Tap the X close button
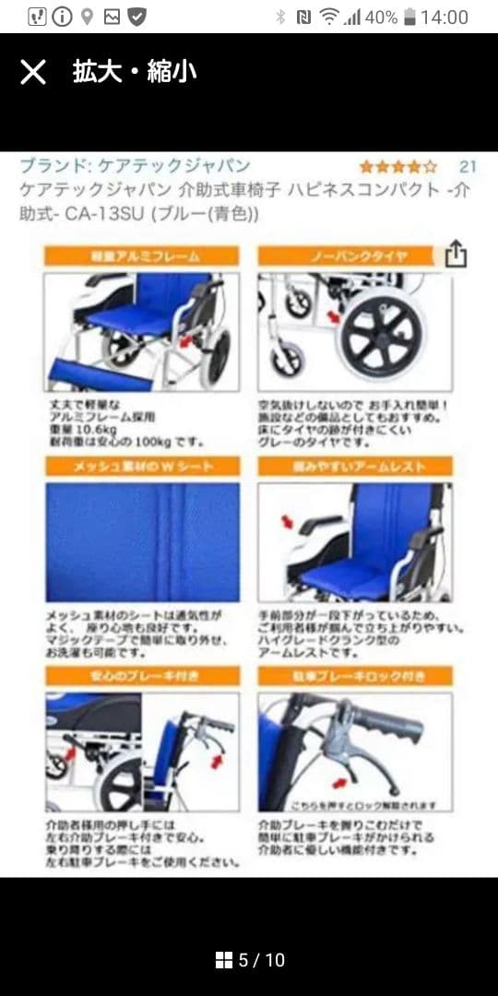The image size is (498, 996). click(x=33, y=72)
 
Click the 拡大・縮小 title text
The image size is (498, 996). click(x=135, y=72)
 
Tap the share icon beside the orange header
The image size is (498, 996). click(x=456, y=254)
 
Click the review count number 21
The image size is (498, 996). click(x=468, y=167)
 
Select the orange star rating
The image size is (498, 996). click(x=397, y=167)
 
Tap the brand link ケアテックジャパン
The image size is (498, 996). click(x=135, y=166)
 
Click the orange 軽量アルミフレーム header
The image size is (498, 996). click(x=142, y=255)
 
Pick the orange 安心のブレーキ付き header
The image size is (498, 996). click(x=142, y=676)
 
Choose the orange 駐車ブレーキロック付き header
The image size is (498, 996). click(x=355, y=676)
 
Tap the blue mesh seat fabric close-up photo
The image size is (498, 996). click(x=142, y=542)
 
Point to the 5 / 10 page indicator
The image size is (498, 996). click(x=261, y=960)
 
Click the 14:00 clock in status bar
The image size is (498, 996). click(x=445, y=17)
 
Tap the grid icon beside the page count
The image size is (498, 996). click(x=224, y=960)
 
